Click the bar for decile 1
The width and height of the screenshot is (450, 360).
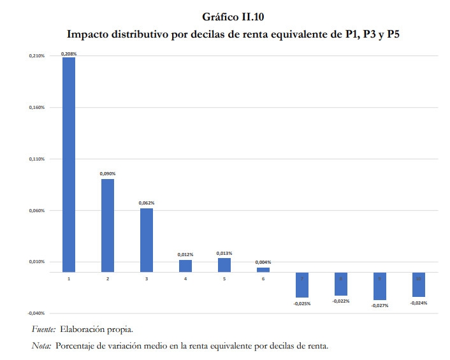click(x=68, y=164)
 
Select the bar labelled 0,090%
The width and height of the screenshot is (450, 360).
click(x=108, y=226)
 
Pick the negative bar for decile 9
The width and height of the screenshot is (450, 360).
click(x=380, y=286)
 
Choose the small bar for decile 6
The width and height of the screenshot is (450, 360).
click(x=263, y=270)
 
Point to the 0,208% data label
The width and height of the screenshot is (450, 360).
click(x=68, y=54)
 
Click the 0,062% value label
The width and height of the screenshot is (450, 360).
click(x=147, y=203)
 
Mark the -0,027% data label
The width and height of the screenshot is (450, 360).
click(x=380, y=305)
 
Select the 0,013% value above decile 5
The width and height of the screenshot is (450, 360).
click(x=224, y=254)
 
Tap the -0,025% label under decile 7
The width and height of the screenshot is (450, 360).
click(x=302, y=303)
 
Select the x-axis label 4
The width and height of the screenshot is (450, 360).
click(x=185, y=279)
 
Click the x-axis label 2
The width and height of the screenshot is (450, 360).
click(x=108, y=279)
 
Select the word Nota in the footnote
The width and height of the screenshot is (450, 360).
click(x=41, y=346)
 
